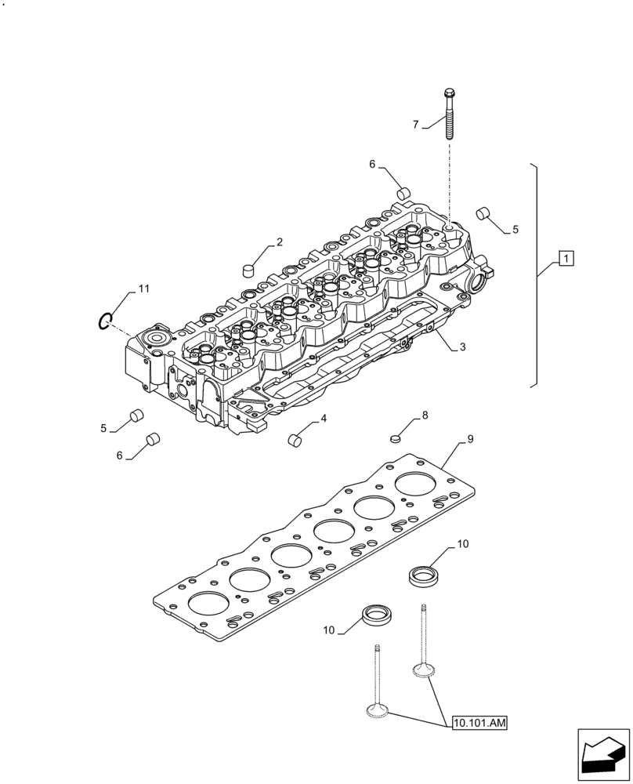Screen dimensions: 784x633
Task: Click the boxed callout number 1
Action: (x=566, y=257)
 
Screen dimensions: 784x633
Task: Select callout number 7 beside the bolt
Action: (x=416, y=124)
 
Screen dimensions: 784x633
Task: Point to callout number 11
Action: (x=144, y=289)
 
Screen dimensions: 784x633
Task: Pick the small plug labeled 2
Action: (x=249, y=269)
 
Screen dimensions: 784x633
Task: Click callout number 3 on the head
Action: (x=463, y=346)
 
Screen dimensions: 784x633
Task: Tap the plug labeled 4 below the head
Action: (x=296, y=440)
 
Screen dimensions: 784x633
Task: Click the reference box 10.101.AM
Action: (x=479, y=723)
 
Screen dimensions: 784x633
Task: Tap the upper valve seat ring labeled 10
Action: (x=424, y=576)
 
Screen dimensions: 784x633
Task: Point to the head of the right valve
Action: (x=424, y=671)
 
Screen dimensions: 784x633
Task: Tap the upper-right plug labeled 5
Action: (x=483, y=212)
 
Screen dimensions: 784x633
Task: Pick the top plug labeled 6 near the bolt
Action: (x=404, y=192)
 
